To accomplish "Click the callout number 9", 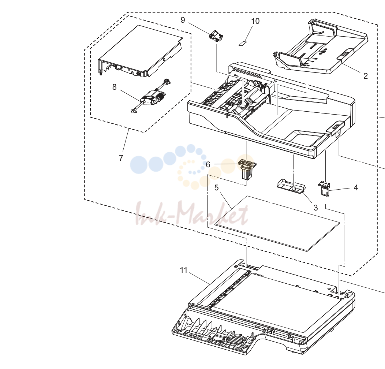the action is coord(183,20).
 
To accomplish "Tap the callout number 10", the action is coord(255,21).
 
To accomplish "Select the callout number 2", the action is coord(365,76).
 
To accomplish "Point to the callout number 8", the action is coord(115,87).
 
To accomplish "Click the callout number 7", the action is coord(121,158).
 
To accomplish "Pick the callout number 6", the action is coord(208,164).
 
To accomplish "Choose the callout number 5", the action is coord(216,188).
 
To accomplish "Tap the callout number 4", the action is coord(356,188).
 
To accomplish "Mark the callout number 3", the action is coord(315,208).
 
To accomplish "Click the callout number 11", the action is coord(184,270).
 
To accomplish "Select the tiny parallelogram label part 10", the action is coord(243,44).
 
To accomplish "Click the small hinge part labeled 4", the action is coord(324,189).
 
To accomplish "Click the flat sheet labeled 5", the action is coord(277,224).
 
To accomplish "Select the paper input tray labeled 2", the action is coord(321,47).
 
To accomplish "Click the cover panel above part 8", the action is coord(140,51).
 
